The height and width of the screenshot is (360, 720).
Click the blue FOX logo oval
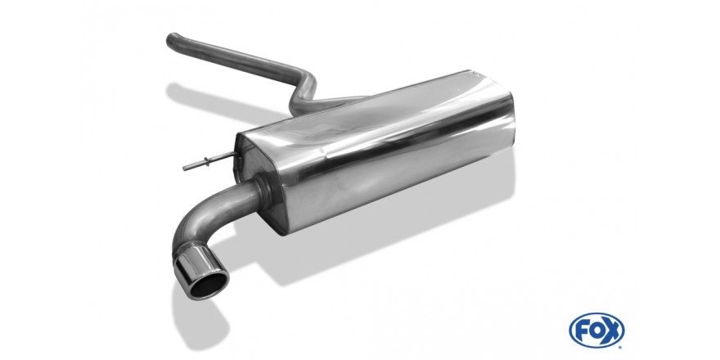596,331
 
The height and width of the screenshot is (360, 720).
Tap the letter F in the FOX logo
582,331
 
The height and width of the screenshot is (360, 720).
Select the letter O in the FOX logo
596,331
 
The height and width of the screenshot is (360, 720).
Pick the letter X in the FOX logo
610,331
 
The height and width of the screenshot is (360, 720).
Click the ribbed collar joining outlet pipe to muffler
265,191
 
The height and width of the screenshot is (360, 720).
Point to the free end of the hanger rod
185,169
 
